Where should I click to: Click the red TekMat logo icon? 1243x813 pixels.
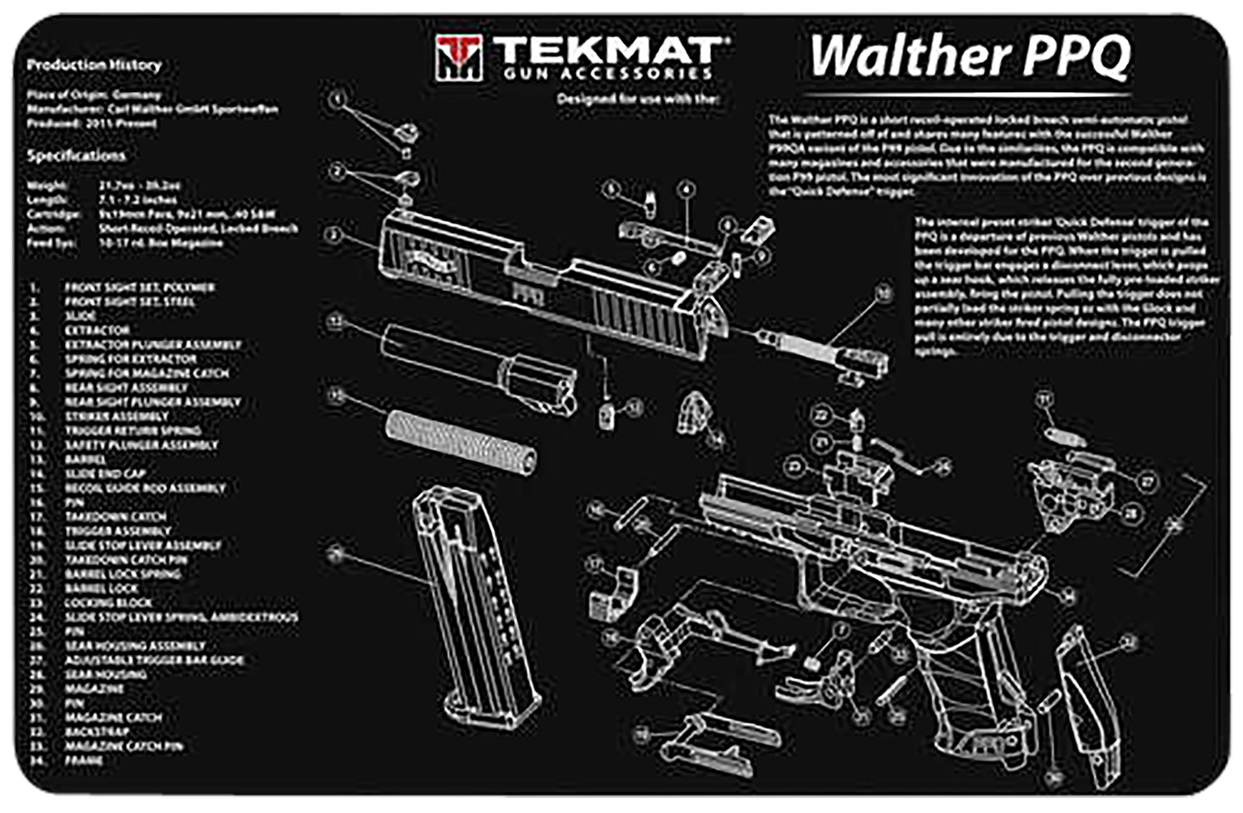tap(457, 58)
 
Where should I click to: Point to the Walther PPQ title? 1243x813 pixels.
tap(969, 56)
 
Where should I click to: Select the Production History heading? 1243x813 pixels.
tap(94, 65)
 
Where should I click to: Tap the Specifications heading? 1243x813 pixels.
tap(76, 156)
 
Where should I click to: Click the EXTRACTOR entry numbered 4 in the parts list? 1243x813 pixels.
tap(97, 330)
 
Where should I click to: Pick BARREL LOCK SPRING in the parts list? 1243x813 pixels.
tap(123, 573)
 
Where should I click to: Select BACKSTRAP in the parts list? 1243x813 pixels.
tap(97, 732)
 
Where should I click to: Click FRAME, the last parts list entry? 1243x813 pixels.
tap(84, 760)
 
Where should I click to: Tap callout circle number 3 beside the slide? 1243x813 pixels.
tap(334, 235)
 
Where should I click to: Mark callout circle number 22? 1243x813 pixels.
tap(821, 414)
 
